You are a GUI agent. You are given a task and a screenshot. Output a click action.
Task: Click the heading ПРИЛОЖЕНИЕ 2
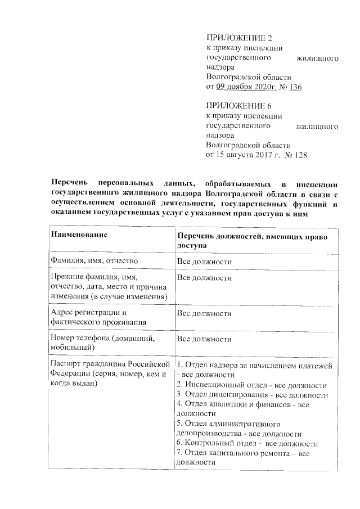[x=239, y=38]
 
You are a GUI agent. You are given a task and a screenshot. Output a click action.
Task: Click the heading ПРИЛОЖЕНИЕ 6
[x=239, y=106]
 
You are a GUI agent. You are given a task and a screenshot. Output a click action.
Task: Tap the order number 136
[x=295, y=87]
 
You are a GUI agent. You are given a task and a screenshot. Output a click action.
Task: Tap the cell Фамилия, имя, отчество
[x=94, y=262]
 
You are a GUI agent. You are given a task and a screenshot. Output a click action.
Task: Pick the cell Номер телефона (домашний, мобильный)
[x=101, y=344]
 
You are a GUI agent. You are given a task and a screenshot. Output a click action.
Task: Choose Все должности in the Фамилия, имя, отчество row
[x=205, y=262]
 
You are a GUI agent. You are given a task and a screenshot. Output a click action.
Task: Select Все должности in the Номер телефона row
[x=205, y=339]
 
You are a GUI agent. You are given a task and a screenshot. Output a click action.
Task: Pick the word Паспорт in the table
[x=66, y=364]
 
